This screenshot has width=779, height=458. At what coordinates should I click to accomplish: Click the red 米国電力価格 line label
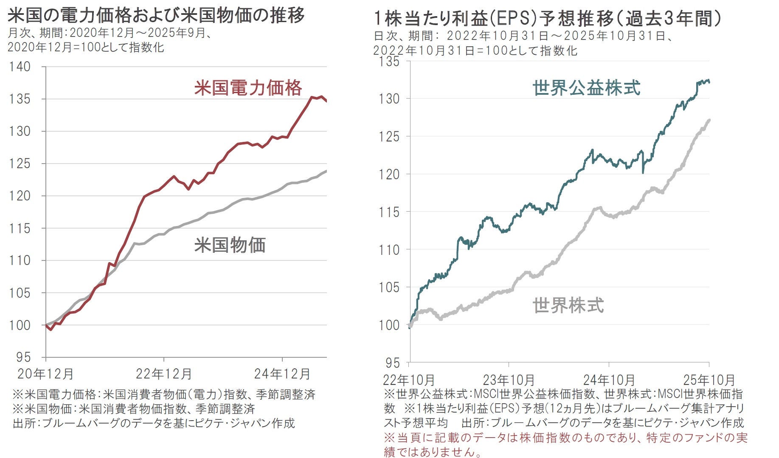coord(248,88)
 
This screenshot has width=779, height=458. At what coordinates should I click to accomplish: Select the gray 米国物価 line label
coord(230,245)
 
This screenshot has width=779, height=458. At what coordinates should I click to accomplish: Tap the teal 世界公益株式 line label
coord(586,88)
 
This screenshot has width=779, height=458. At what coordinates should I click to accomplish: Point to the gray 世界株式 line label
coord(568,305)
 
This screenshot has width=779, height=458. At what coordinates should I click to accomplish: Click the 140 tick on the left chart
coord(20,67)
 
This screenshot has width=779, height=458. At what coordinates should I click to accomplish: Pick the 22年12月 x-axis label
coord(164,374)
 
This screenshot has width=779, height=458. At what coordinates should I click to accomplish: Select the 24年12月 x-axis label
coord(282,374)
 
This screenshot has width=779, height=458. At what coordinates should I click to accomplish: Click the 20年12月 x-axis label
coord(45,374)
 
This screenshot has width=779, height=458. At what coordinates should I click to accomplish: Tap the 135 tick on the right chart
coord(389,62)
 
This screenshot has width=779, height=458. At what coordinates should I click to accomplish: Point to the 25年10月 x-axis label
coord(709,379)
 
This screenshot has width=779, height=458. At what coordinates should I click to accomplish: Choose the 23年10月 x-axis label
coord(509,379)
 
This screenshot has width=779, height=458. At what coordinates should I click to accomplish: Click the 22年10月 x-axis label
coord(409,379)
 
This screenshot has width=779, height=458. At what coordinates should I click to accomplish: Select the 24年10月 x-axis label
coord(609,379)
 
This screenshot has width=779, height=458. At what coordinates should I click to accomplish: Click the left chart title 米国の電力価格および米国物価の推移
coord(156,15)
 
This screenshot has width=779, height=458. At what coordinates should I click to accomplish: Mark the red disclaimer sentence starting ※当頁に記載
coord(565,444)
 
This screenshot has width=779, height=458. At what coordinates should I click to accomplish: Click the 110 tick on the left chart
coord(20,260)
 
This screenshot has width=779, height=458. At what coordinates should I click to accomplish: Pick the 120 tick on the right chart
coord(389,174)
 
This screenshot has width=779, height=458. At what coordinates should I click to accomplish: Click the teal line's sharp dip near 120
coord(643,172)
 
